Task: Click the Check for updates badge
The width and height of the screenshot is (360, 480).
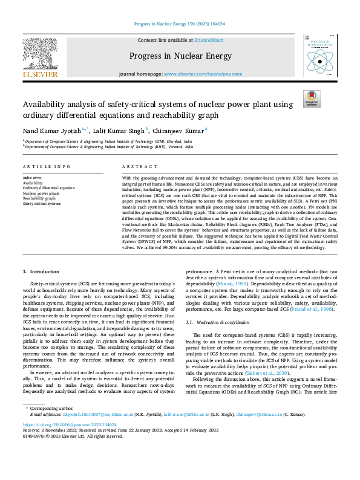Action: [311, 99]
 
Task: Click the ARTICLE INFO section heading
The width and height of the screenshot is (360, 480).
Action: [42, 166]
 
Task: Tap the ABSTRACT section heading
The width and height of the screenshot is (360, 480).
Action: [136, 166]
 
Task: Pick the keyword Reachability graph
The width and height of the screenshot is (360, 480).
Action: [39, 198]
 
